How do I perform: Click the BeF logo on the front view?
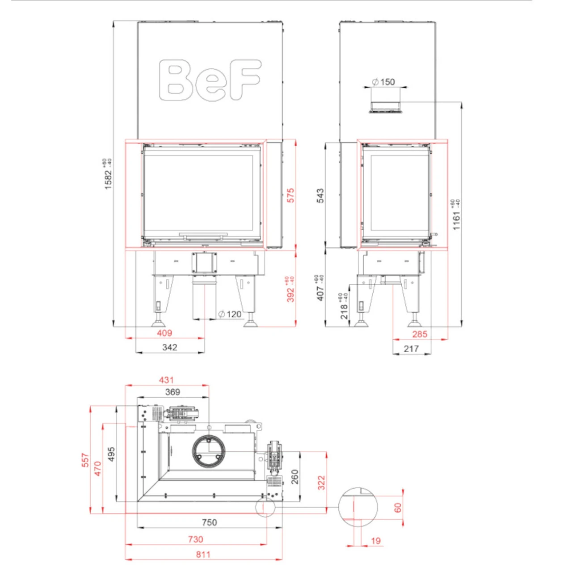210,80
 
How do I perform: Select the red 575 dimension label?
291,195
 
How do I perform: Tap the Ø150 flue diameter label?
384,82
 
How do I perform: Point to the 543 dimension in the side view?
320,196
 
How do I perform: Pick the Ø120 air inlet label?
230,314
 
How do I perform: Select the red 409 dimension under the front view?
164,333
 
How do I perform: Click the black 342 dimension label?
169,347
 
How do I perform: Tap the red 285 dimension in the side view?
420,334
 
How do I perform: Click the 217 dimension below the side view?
411,349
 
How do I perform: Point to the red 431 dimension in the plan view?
166,380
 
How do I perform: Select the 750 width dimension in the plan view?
209,522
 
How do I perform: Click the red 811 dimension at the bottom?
203,554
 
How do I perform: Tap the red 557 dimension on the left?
85,460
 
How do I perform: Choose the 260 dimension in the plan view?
294,477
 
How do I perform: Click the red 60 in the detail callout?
398,508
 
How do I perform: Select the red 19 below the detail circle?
376,541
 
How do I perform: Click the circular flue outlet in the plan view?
209,451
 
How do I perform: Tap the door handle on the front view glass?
203,234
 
